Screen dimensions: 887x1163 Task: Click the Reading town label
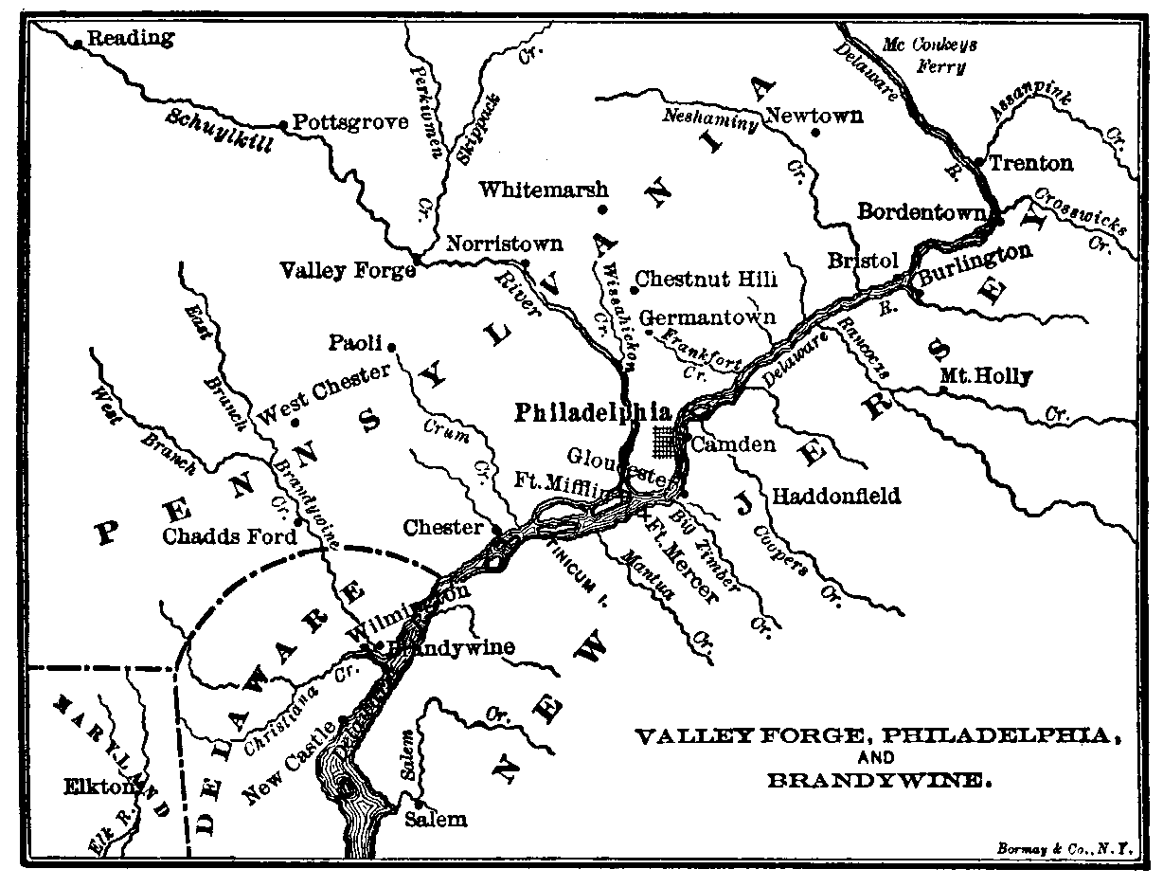coord(131,38)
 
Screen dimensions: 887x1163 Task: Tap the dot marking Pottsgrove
coord(282,124)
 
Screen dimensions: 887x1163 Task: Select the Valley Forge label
coord(347,271)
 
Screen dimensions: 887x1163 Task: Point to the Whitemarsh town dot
coord(600,210)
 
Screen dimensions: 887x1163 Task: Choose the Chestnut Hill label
coord(707,280)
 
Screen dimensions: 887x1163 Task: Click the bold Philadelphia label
coord(593,413)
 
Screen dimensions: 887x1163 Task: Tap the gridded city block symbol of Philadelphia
coord(669,441)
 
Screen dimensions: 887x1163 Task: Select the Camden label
coord(734,444)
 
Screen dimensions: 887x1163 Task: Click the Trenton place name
coord(1031,164)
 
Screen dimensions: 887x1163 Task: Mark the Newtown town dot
coord(816,133)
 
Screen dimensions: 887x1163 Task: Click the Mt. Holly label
coord(985,376)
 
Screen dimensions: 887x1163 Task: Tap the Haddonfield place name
coord(836,496)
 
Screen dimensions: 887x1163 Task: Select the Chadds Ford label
coord(230,536)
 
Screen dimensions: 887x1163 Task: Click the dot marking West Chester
coord(295,423)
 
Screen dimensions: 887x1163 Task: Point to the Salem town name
coord(436,819)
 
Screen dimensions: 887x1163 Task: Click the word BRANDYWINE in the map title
coord(878,782)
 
